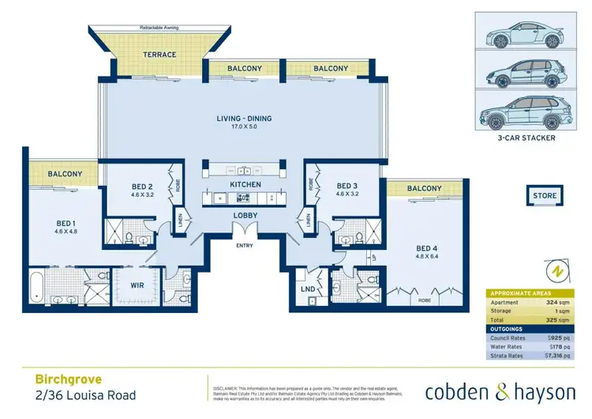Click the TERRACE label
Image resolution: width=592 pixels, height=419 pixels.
coord(159,55)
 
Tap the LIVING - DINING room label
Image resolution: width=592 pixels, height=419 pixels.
coord(244,119)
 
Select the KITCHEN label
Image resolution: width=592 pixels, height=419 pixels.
coord(245,184)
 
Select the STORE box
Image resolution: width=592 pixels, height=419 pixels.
coord(544,195)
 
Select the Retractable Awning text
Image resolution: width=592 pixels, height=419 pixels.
coord(160,28)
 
